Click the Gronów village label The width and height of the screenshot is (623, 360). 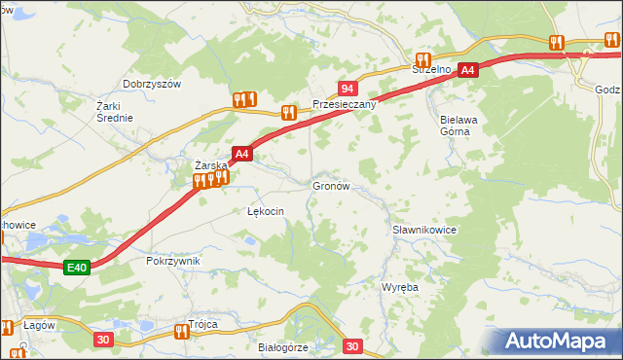point(330,185)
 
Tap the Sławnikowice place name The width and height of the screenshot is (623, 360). point(424,230)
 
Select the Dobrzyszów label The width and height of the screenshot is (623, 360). point(153,85)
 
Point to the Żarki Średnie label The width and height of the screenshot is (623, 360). point(114,111)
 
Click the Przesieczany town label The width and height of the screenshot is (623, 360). point(344,104)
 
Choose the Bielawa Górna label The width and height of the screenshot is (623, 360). point(448,125)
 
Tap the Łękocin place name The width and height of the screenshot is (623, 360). point(265,211)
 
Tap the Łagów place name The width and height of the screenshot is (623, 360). point(35,324)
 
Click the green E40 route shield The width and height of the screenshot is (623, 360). point(78,268)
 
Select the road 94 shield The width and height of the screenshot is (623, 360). point(347,89)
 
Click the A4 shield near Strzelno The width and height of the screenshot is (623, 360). point(468,70)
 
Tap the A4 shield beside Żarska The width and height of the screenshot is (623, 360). point(242,153)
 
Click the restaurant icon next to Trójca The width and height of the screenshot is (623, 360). point(181,331)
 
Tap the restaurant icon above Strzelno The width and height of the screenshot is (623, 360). point(422,58)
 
